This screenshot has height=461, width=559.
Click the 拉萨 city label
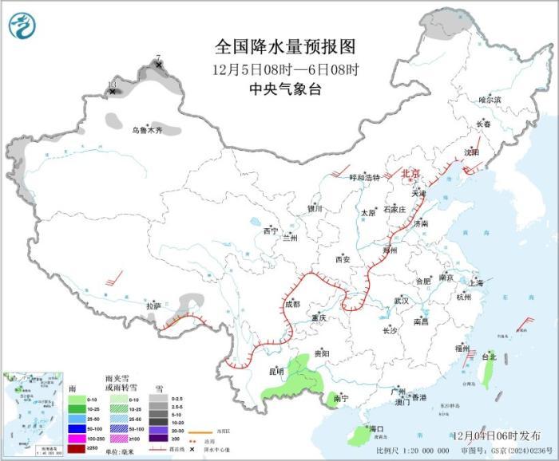[x=153, y=305]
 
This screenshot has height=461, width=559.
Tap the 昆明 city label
[x=276, y=371]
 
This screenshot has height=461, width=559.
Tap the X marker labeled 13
[x=112, y=92]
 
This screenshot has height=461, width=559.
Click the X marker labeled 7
[x=159, y=65]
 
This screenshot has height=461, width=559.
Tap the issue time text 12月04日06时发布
[x=494, y=435]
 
